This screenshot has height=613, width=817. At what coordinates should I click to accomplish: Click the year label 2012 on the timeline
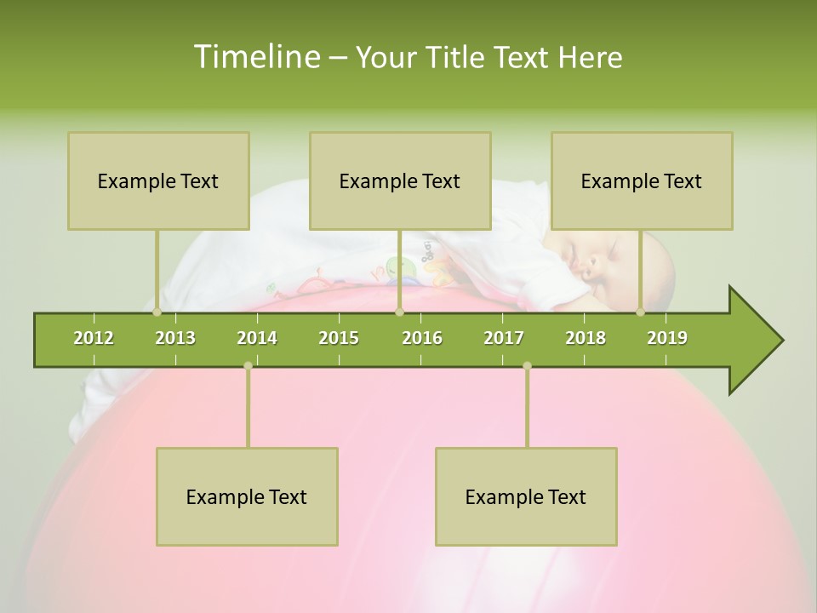(94, 338)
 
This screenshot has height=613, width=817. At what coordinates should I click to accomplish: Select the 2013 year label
(175, 338)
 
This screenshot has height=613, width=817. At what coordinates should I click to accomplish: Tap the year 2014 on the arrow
(257, 338)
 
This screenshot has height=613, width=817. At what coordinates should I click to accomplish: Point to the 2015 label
(339, 338)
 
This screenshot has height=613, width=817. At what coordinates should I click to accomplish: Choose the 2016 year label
(422, 338)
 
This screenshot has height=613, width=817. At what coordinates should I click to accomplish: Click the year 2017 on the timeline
(504, 338)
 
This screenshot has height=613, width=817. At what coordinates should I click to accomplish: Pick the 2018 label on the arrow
(586, 338)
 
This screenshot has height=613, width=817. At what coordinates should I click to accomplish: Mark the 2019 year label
(667, 338)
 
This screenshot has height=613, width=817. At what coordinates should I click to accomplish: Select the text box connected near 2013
(158, 180)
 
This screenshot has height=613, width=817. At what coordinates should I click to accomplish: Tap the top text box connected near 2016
(400, 180)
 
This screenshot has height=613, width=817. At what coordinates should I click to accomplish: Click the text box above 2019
(642, 180)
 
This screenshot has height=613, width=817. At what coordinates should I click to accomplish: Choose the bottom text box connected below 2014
(247, 496)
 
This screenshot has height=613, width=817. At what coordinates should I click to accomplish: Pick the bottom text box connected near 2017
(526, 496)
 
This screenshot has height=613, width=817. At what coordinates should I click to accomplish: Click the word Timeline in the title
(254, 57)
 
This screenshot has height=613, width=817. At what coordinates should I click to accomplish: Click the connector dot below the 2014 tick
(248, 365)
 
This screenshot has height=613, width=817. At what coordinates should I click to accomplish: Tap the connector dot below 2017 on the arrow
(527, 365)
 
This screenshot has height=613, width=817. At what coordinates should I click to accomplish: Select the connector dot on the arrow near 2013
(157, 312)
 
